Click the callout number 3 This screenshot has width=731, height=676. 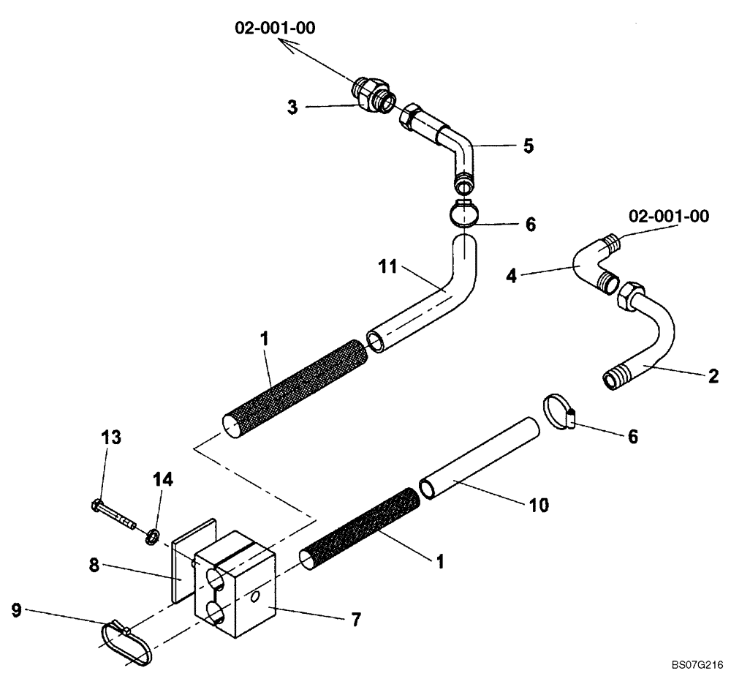(292, 107)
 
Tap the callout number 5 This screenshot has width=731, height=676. (529, 146)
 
